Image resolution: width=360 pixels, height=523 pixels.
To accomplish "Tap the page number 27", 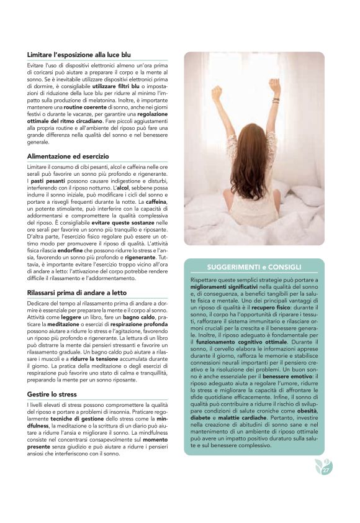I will [x=326, y=470].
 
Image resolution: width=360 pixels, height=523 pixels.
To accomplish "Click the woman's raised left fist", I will [x=217, y=92].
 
